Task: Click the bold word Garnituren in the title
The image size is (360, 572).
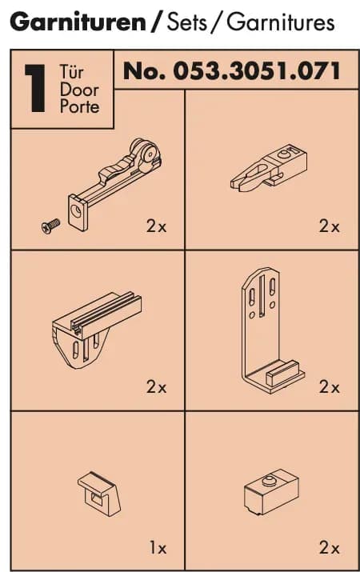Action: pos(78,22)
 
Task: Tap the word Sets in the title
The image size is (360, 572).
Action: pos(186,22)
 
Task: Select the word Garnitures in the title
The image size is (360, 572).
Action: pos(281,22)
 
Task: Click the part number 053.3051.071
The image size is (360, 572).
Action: pos(257,70)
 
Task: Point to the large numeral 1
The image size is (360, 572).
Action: pos(36,88)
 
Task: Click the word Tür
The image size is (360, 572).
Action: pos(71,72)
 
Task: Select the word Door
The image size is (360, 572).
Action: pos(79,90)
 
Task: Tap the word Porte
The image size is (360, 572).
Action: pos(79,106)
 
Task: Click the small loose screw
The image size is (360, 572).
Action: pos(50,226)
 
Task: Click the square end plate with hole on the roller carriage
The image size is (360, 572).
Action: pos(78,213)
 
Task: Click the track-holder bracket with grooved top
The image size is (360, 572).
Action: pos(96,330)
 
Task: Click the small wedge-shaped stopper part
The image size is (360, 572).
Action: pos(99,494)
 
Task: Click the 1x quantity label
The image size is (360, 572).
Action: pos(158,547)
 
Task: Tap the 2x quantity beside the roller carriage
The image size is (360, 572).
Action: pos(156,226)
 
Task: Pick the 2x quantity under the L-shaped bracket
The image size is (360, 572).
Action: pos(330,386)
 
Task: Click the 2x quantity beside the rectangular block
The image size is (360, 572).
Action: pos(330,547)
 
